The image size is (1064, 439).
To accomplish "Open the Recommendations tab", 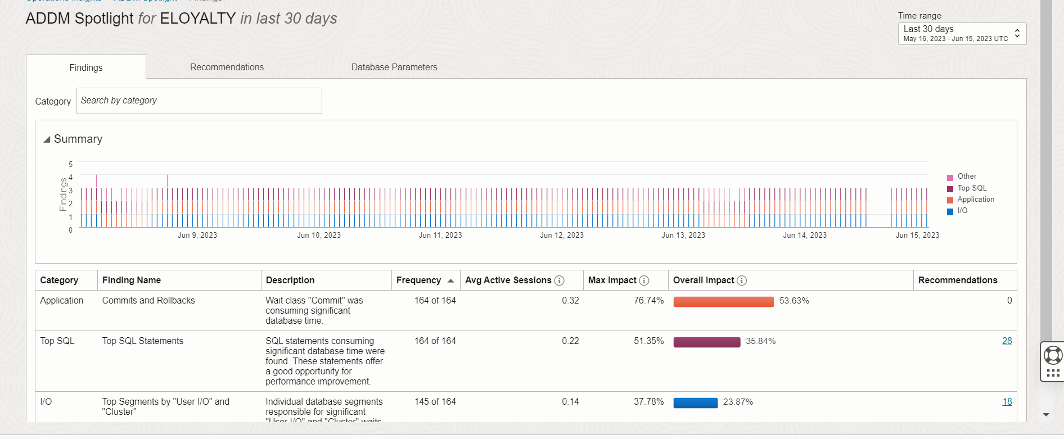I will click(x=227, y=67).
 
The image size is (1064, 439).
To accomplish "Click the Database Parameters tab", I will click(x=394, y=67).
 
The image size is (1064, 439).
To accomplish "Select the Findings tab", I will click(x=86, y=67).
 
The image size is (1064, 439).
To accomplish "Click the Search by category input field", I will click(x=199, y=101).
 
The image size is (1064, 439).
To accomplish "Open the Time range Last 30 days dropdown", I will click(x=962, y=33).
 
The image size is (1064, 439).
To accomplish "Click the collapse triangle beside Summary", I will click(x=47, y=139).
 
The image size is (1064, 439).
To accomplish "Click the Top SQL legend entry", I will click(x=972, y=188).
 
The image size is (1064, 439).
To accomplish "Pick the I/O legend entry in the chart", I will click(x=962, y=211).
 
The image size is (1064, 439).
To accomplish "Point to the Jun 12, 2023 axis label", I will click(x=561, y=236).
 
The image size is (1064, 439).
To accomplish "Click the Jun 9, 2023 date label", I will click(x=197, y=236).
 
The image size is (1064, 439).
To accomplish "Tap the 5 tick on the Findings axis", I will click(x=71, y=164).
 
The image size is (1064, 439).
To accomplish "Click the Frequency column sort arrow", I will click(x=450, y=280).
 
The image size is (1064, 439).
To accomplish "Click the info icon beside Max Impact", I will click(x=644, y=280).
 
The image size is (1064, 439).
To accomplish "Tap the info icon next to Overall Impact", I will click(x=742, y=280).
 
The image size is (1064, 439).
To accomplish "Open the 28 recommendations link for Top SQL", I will click(x=1007, y=341).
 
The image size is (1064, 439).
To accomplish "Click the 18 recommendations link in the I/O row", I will click(x=1007, y=402).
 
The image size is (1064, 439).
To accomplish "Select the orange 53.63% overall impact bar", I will click(x=723, y=302).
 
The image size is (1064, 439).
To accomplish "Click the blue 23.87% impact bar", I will click(x=695, y=402).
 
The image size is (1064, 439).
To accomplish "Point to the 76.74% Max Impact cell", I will click(x=648, y=301).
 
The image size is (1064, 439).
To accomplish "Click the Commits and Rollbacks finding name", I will click(x=148, y=301).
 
